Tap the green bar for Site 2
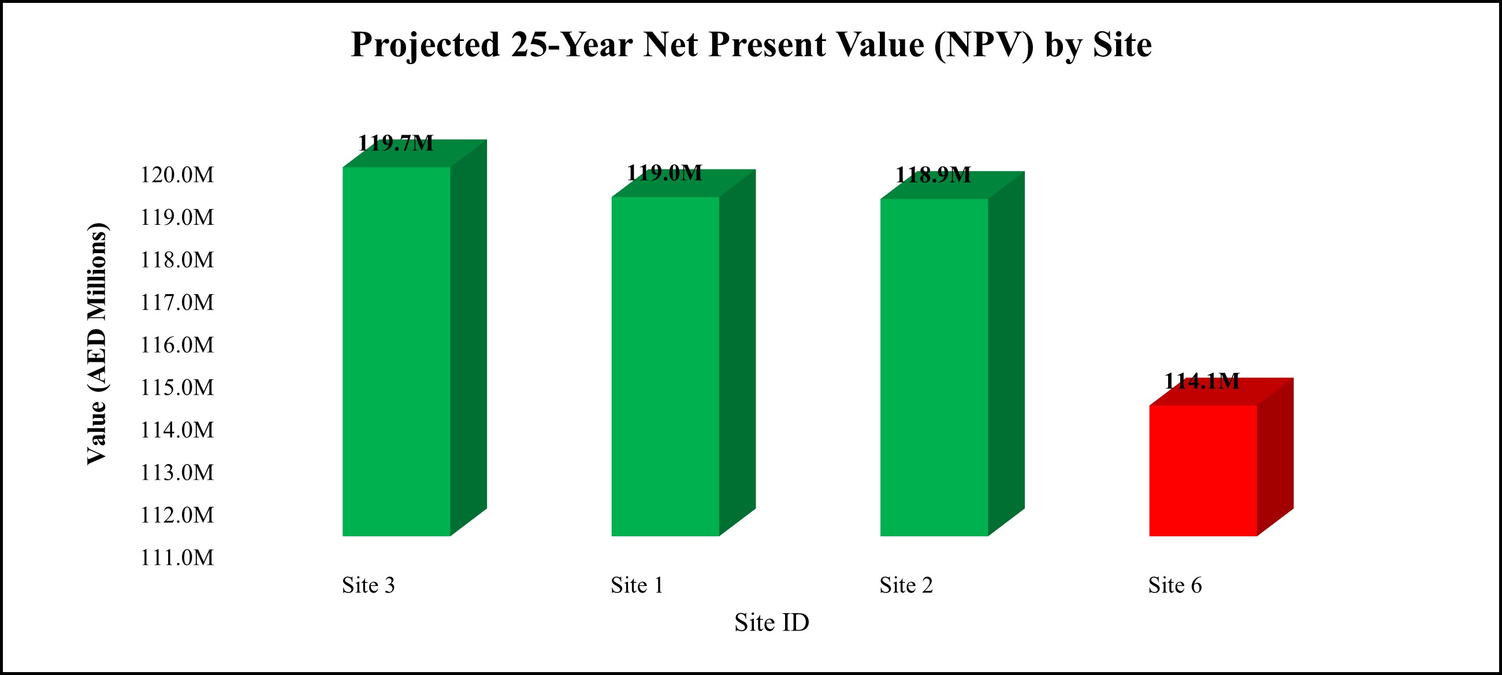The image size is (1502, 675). click(x=934, y=368)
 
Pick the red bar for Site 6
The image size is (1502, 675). click(x=1203, y=470)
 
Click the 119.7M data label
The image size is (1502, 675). click(x=396, y=143)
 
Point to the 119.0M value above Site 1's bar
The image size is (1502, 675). click(x=665, y=173)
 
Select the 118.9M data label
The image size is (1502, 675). click(x=934, y=175)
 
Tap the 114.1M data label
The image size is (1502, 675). click(x=1202, y=381)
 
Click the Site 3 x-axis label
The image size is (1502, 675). click(x=369, y=585)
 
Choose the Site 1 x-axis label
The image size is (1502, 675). click(x=637, y=585)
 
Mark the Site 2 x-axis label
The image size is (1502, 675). click(x=906, y=585)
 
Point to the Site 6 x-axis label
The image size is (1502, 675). click(x=1175, y=585)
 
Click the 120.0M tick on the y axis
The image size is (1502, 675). click(x=177, y=175)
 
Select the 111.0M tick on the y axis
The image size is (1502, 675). click(x=177, y=558)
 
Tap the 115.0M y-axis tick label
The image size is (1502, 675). click(x=177, y=387)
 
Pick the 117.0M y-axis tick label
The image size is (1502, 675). click(x=177, y=302)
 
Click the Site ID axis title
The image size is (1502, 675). click(x=771, y=622)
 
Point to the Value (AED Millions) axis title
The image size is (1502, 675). click(x=98, y=344)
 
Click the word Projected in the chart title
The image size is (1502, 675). click(x=426, y=45)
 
